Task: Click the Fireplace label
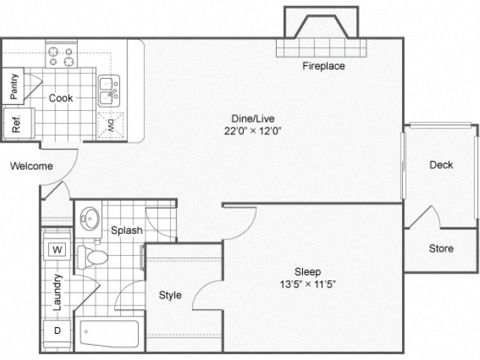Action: tap(323, 66)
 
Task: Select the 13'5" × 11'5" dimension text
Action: tap(307, 285)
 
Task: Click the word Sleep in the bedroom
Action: tap(307, 271)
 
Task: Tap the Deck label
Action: tap(441, 165)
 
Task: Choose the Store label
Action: tap(441, 248)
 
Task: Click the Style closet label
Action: tap(170, 295)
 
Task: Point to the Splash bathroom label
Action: tap(127, 230)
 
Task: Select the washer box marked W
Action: tap(56, 250)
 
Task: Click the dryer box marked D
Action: tap(56, 330)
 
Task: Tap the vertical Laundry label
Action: tap(57, 291)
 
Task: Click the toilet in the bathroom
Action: tap(95, 257)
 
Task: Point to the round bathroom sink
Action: tap(90, 217)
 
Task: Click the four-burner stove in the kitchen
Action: tap(62, 56)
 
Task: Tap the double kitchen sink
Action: tap(109, 91)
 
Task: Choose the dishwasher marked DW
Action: tap(110, 124)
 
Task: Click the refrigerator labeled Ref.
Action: tap(15, 121)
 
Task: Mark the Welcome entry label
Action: tap(31, 166)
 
